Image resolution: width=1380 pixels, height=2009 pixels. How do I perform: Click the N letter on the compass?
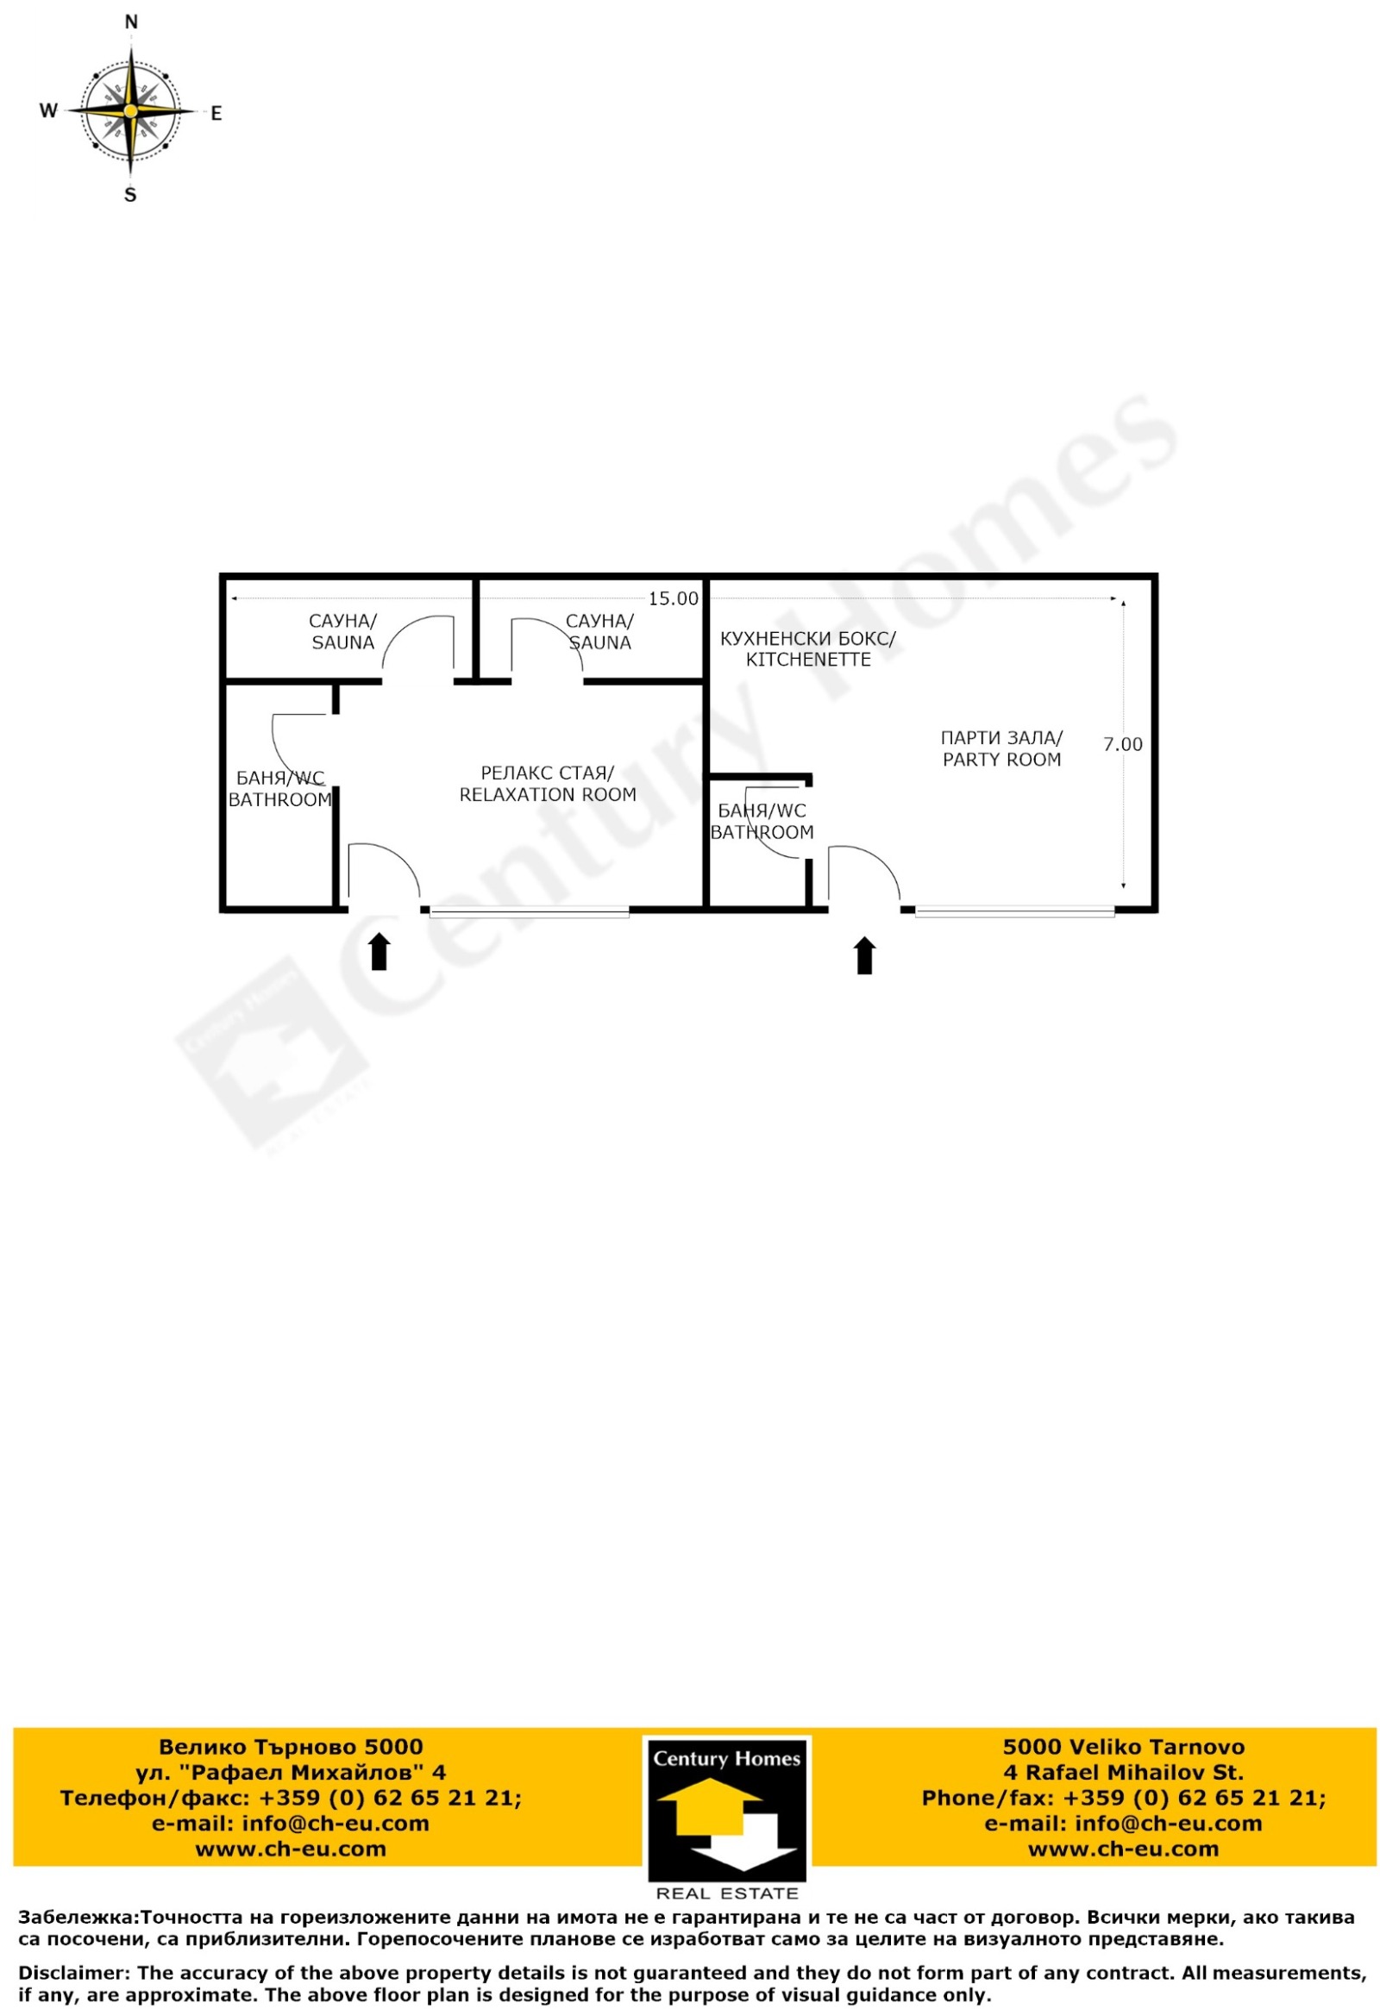pos(131,22)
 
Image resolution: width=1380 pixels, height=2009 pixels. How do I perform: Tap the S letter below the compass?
pos(130,196)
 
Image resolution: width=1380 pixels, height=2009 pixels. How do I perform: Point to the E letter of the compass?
pos(216,113)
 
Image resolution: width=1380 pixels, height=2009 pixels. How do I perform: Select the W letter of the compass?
pos(48,110)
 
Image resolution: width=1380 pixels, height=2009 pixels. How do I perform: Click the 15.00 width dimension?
pos(673,598)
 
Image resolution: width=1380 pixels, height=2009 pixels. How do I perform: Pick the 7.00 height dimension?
pos(1122,744)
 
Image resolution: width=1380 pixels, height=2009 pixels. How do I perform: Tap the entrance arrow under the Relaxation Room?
pos(379,951)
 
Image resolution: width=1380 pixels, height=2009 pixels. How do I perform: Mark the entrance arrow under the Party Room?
pos(865,955)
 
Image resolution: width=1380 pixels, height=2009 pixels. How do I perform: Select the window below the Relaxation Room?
pos(530,911)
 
